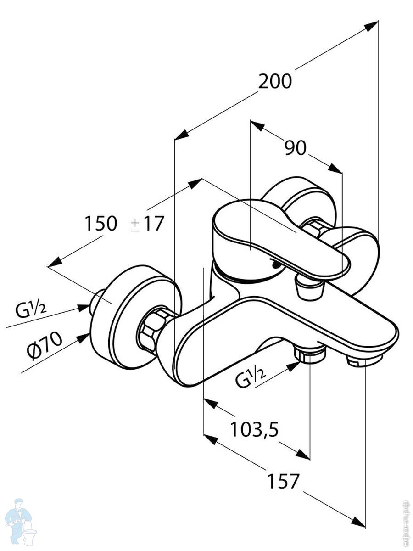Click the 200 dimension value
[x=275, y=82]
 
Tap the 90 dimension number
[x=295, y=148]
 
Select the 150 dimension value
[x=100, y=224]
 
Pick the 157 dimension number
[x=283, y=481]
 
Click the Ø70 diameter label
[x=45, y=346]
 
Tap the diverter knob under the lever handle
[x=310, y=288]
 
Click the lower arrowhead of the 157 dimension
[x=358, y=522]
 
